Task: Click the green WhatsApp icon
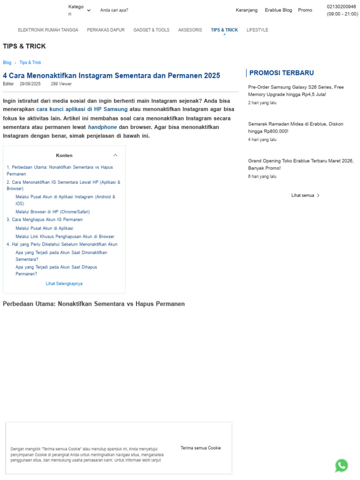pyautogui.click(x=341, y=465)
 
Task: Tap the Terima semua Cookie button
pyautogui.click(x=201, y=448)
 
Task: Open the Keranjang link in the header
pyautogui.click(x=247, y=10)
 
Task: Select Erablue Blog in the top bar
pyautogui.click(x=278, y=10)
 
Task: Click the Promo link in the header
pyautogui.click(x=305, y=10)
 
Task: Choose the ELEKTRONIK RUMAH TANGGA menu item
pyautogui.click(x=48, y=30)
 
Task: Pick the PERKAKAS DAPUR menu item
pyautogui.click(x=105, y=30)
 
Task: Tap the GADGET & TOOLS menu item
pyautogui.click(x=151, y=30)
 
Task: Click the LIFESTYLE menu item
pyautogui.click(x=257, y=30)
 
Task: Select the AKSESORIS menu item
pyautogui.click(x=190, y=30)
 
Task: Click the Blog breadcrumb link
pyautogui.click(x=7, y=62)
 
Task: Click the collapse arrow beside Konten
pyautogui.click(x=115, y=155)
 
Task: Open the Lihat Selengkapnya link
pyautogui.click(x=64, y=284)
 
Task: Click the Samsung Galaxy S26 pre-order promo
pyautogui.click(x=296, y=90)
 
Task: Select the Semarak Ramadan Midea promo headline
pyautogui.click(x=295, y=127)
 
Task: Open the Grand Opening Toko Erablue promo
pyautogui.click(x=300, y=164)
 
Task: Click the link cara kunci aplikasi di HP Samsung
pyautogui.click(x=82, y=109)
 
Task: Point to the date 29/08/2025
pyautogui.click(x=30, y=84)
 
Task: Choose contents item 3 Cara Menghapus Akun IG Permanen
pyautogui.click(x=45, y=219)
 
